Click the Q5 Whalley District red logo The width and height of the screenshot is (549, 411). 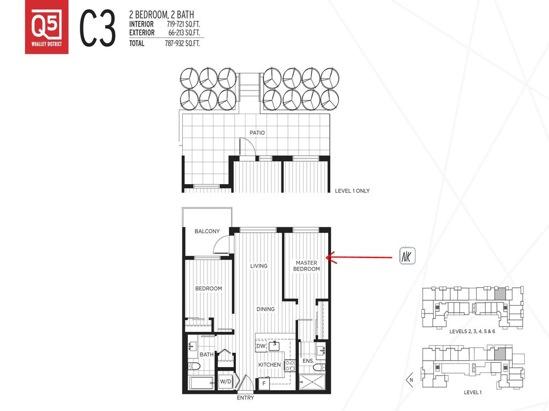tap(47, 32)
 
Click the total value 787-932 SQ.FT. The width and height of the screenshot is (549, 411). tap(182, 44)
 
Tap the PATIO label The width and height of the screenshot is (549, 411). tap(257, 133)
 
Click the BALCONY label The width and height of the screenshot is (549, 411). tap(207, 232)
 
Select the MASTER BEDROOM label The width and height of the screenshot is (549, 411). tap(306, 266)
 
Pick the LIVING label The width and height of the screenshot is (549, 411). tap(259, 266)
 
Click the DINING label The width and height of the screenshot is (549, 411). tap(265, 309)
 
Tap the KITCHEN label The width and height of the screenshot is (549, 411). tap(270, 365)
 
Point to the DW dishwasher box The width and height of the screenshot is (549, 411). tap(261, 347)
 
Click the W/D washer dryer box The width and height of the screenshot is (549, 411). tap(226, 382)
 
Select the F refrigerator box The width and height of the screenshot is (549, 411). tap(264, 384)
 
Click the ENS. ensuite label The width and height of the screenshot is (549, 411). tap(308, 362)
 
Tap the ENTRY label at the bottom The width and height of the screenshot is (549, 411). tap(245, 398)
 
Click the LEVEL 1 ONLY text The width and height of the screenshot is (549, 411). tap(352, 191)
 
